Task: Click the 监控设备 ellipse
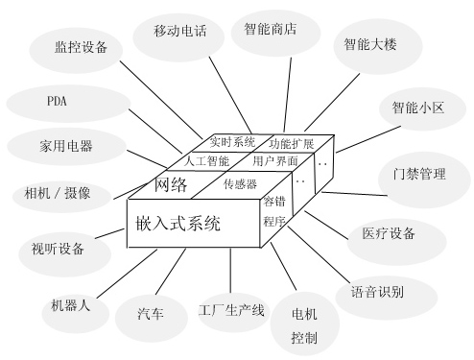click(x=82, y=46)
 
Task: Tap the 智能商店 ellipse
click(x=270, y=29)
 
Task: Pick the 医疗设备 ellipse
click(x=390, y=233)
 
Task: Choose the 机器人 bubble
click(x=71, y=306)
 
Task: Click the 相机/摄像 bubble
click(x=59, y=193)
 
